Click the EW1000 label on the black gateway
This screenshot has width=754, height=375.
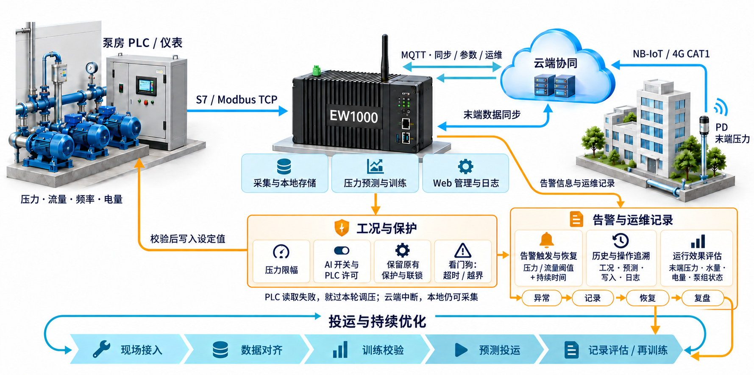tap(353, 116)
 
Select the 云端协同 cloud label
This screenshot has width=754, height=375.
tap(555, 63)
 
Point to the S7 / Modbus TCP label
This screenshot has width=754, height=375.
tap(236, 100)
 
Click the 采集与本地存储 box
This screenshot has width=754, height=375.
tap(285, 174)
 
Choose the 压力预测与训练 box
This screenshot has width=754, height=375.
tap(375, 174)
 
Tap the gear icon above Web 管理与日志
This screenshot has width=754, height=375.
tap(465, 166)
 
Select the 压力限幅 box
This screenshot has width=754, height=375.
tap(281, 261)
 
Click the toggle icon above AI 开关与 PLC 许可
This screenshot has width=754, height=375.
tap(342, 251)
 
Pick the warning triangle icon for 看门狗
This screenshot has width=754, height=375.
tap(463, 251)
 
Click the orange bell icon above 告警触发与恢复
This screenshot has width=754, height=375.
tap(547, 240)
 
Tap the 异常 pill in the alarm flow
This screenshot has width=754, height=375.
tap(542, 298)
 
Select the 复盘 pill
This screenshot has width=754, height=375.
tap(702, 298)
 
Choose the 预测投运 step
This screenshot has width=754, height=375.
tap(485, 349)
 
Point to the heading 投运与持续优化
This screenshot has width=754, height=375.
tap(377, 321)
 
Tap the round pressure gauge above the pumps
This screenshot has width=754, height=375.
tap(91, 68)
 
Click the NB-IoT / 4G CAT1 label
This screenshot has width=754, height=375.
tap(671, 54)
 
